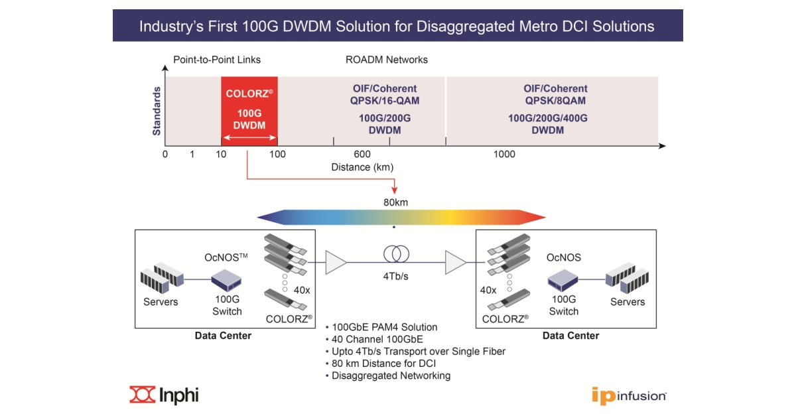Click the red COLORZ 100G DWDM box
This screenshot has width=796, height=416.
click(249, 111)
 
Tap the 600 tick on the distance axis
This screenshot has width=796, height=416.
click(362, 155)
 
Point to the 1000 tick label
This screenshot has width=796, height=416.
click(504, 155)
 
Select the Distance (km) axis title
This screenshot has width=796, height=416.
click(360, 167)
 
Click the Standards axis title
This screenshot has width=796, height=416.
click(157, 111)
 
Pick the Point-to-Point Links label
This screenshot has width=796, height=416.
click(217, 60)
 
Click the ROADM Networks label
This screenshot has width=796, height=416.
click(387, 60)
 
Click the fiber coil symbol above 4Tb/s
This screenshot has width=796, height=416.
click(396, 254)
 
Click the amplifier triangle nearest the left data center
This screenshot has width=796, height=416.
click(336, 263)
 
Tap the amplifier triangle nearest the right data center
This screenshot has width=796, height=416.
click(456, 263)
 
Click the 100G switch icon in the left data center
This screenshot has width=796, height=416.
click(226, 282)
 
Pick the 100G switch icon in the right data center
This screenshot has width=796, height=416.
click(564, 282)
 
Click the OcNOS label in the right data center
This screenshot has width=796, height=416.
click(564, 257)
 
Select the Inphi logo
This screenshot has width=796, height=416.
click(164, 395)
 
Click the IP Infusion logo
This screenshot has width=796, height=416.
click(628, 395)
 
